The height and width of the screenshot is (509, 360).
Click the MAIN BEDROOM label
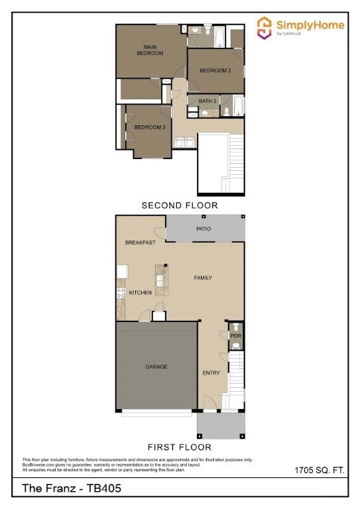(x=150, y=50)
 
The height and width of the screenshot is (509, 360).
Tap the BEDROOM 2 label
(x=215, y=70)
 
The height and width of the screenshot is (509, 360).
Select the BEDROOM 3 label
(x=150, y=127)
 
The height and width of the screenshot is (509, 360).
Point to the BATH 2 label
(x=208, y=101)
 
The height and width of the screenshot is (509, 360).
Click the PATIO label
(x=204, y=229)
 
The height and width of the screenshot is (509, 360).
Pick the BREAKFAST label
(x=140, y=243)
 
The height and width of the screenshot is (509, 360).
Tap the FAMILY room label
(x=203, y=278)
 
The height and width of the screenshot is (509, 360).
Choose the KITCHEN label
(x=140, y=292)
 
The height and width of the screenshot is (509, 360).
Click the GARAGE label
(x=156, y=367)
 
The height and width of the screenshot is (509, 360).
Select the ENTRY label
(x=211, y=373)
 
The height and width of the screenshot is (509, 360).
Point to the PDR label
(x=235, y=336)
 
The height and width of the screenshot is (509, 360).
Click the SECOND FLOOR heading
(x=179, y=205)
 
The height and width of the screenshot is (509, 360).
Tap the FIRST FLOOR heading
(x=180, y=447)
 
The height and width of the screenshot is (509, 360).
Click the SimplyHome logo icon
(x=265, y=27)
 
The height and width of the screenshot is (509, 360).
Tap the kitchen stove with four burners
(x=121, y=292)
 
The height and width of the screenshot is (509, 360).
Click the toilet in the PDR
(x=235, y=327)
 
